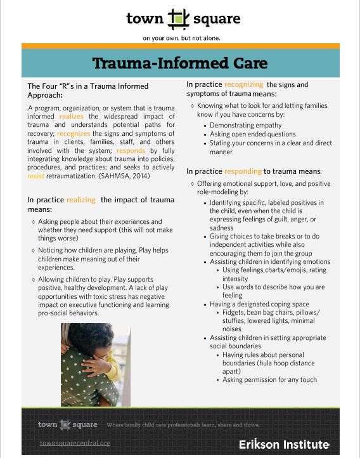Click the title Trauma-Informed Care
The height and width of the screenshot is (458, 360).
pyautogui.click(x=180, y=63)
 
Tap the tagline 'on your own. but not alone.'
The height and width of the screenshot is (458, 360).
pyautogui.click(x=179, y=38)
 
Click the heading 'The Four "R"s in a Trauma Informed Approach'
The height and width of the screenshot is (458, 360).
pyautogui.click(x=87, y=90)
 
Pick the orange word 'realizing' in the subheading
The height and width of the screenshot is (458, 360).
pyautogui.click(x=81, y=200)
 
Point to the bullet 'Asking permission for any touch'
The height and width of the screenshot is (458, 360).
pyautogui.click(x=269, y=380)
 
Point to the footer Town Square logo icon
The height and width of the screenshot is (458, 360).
pyautogui.click(x=67, y=424)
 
